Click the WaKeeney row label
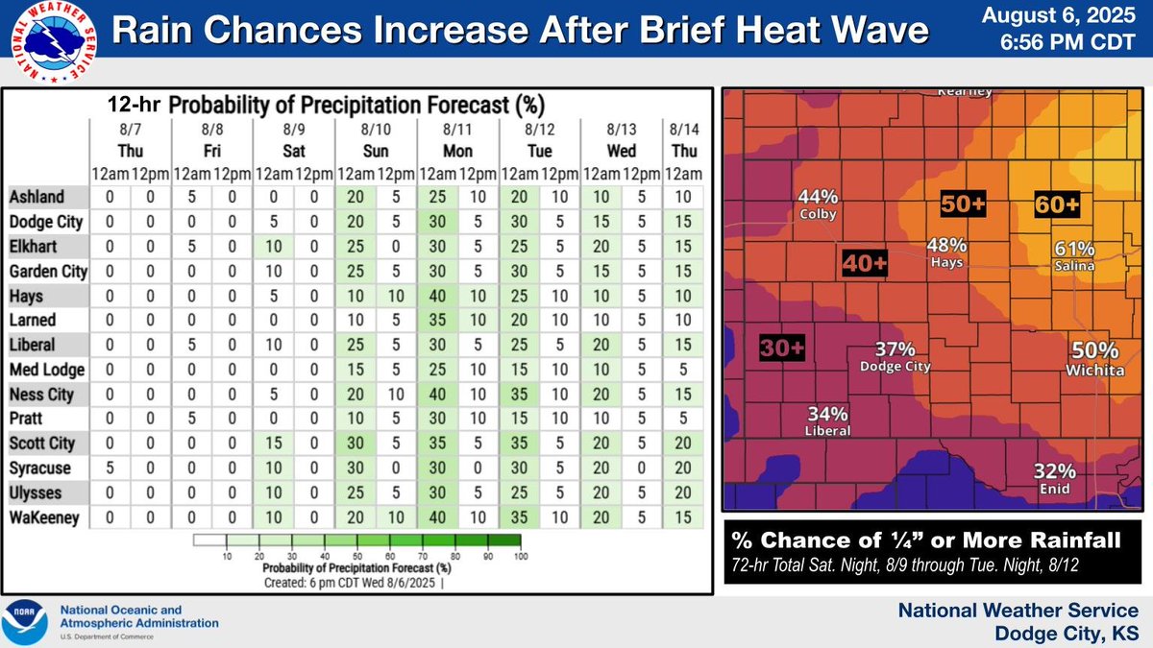pos(43,517)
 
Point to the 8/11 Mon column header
pos(457,139)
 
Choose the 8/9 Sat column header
pos(294,139)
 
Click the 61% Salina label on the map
pos(1075,254)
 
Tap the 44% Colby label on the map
pos(818,204)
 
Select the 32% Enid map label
pos(1054,477)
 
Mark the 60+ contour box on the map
pos(1057,204)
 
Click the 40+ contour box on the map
pos(865,261)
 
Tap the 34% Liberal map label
pos(827,421)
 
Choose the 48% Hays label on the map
pos(946,252)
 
